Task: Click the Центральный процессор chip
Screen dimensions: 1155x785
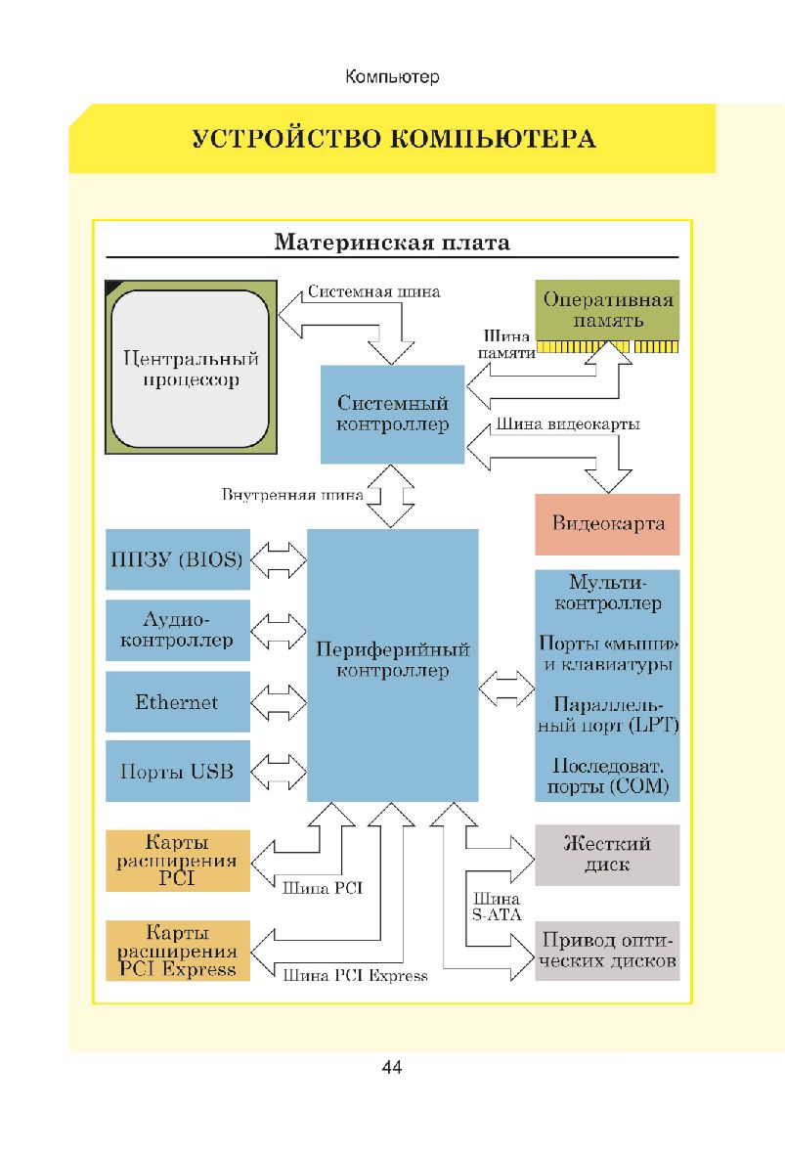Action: coord(188,367)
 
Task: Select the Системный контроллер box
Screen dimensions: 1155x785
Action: coord(392,414)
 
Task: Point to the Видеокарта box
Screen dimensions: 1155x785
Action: coord(607,523)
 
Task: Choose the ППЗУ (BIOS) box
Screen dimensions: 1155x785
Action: coord(177,559)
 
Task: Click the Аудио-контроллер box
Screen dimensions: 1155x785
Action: coord(177,630)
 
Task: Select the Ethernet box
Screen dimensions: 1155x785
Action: coord(177,701)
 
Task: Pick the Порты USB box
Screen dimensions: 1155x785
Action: coord(177,772)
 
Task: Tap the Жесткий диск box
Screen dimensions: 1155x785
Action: coord(607,855)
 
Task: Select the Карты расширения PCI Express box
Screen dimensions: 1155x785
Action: coord(177,951)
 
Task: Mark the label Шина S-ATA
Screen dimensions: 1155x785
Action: coord(496,907)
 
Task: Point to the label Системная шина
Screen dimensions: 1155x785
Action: coord(373,290)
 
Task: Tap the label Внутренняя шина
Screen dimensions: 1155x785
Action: coord(292,495)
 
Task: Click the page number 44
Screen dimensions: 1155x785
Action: coord(392,1067)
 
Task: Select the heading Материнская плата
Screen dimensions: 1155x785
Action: coord(392,241)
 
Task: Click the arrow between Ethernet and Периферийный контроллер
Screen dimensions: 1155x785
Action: coord(279,701)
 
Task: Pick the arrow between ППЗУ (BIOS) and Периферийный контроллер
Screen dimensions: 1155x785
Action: coord(279,559)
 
